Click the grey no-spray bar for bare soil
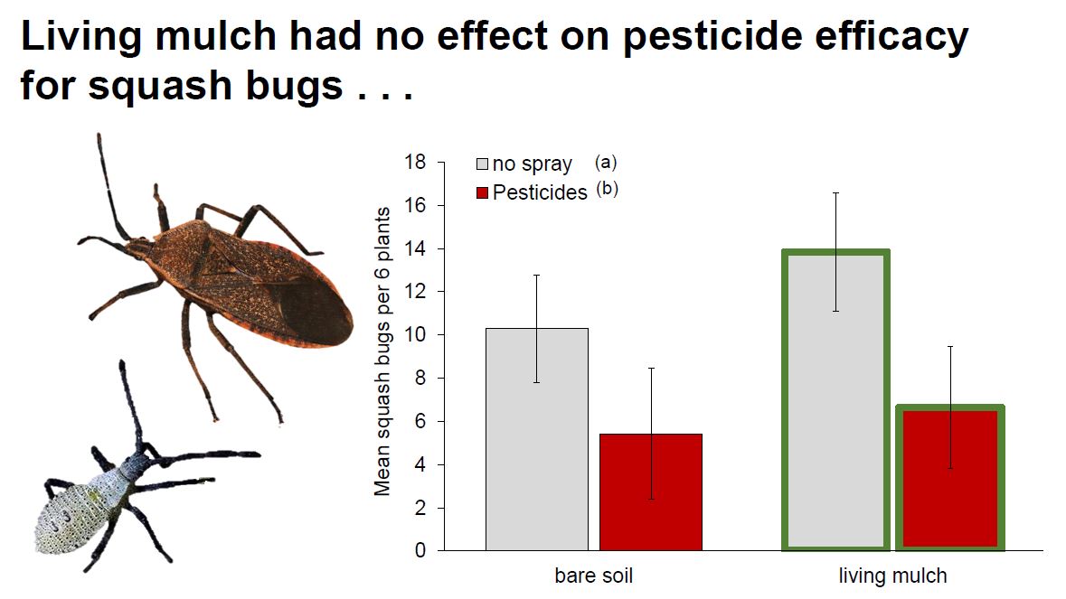pos(536,439)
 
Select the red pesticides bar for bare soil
pos(651,491)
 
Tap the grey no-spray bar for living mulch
pos(836,400)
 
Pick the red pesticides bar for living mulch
pos(949,477)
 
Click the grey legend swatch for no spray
pos(483,164)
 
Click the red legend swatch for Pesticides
pos(483,192)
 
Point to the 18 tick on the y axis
pos(415,163)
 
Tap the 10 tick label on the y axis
pos(415,335)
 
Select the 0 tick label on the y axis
pos(420,550)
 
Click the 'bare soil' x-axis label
pos(593,576)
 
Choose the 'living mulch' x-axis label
pos(892,576)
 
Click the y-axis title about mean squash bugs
pos(382,351)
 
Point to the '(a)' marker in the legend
pos(606,163)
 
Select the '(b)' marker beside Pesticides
pos(607,189)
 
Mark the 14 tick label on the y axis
pos(415,248)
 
